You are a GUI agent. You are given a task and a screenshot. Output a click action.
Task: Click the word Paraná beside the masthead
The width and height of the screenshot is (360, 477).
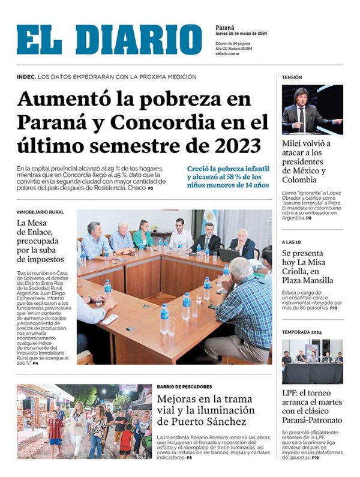(x=225, y=28)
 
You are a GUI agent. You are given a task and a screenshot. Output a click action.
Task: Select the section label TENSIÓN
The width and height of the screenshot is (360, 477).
(x=292, y=77)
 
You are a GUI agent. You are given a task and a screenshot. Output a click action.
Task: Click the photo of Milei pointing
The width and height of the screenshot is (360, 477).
(x=312, y=110)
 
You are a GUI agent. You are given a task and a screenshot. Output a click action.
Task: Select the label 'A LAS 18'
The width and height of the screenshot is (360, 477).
(x=292, y=242)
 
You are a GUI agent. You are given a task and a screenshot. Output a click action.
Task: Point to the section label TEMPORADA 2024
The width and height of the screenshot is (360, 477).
(x=302, y=331)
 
